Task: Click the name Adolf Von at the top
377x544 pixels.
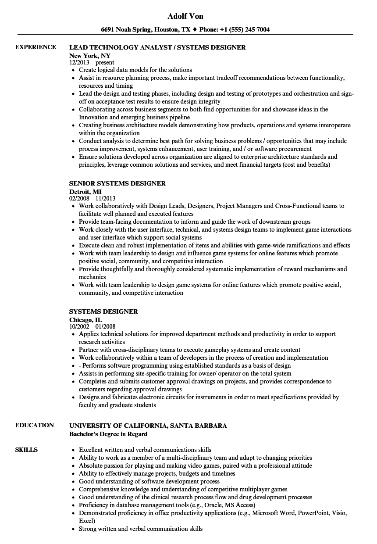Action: (x=185, y=17)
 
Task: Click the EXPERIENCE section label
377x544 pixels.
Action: (x=36, y=47)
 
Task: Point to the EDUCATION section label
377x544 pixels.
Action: (x=35, y=425)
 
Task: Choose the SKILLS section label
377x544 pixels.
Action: (x=26, y=450)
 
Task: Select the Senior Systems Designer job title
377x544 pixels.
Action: (x=117, y=183)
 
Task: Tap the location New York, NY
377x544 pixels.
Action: (x=90, y=56)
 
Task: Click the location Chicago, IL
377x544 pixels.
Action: (x=86, y=320)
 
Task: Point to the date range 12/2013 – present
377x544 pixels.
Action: (x=92, y=63)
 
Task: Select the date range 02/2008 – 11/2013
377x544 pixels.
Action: (x=92, y=198)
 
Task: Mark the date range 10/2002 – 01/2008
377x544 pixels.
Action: (x=92, y=326)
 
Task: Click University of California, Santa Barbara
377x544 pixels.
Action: (x=148, y=425)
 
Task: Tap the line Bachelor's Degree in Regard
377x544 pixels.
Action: (x=108, y=434)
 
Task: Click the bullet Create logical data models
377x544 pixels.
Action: (x=135, y=70)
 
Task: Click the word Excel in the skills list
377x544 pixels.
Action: (x=86, y=521)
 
